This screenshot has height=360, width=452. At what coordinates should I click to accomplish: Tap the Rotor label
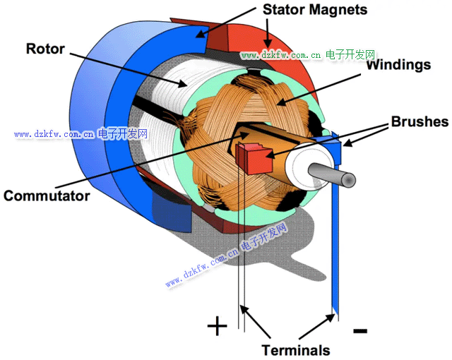(45, 49)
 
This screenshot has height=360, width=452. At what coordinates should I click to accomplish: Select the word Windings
(398, 65)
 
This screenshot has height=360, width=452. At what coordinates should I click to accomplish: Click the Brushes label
(420, 121)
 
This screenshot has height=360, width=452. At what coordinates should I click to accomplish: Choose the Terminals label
(295, 349)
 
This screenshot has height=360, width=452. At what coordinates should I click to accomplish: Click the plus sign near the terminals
(217, 326)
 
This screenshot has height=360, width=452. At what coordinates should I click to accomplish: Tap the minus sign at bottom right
(359, 330)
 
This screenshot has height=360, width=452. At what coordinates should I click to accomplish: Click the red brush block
(255, 156)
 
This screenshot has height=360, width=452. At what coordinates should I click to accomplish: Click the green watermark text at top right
(307, 54)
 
